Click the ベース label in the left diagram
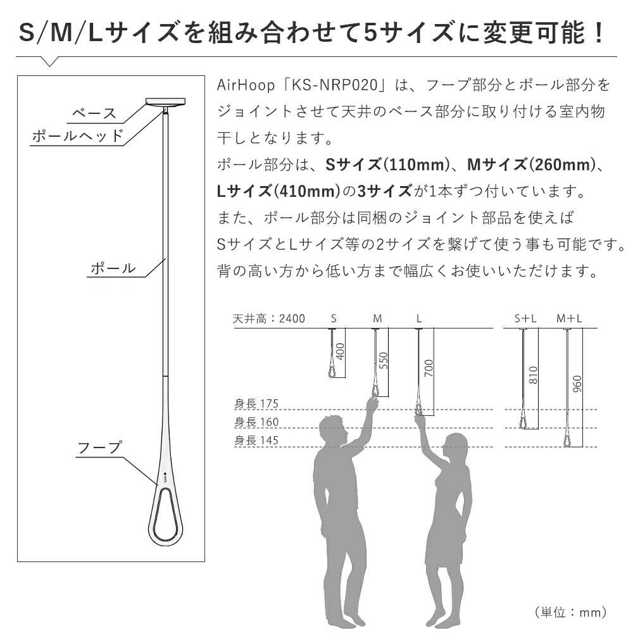(x=94, y=113)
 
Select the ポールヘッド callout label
(x=77, y=135)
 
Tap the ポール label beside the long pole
(x=113, y=268)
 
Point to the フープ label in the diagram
(x=99, y=448)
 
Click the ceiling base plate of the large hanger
(x=165, y=101)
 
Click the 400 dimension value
(x=341, y=351)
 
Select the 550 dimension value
(x=384, y=361)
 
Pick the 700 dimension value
(x=429, y=368)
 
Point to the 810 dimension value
(x=533, y=375)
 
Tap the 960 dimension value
(x=578, y=384)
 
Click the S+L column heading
(x=525, y=319)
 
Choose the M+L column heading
(x=569, y=319)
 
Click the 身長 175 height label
(x=256, y=403)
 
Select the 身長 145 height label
(x=256, y=440)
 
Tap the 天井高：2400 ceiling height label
(x=269, y=319)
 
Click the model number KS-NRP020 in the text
(x=334, y=85)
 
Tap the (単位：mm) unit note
(x=571, y=612)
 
